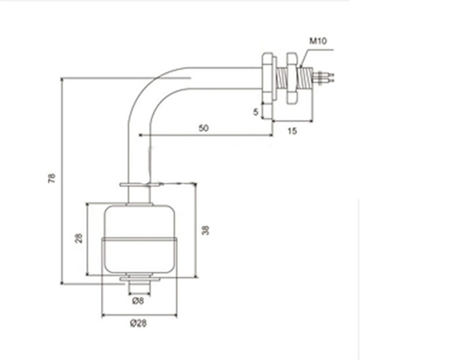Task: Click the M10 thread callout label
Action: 318,41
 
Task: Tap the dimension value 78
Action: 52,179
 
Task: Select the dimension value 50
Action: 204,128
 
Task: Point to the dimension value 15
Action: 292,131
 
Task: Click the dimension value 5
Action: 255,112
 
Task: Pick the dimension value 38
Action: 206,230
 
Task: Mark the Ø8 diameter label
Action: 138,300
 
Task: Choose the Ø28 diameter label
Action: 138,323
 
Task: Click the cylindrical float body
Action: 140,239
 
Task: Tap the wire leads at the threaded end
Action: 323,77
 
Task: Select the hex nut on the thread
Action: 292,78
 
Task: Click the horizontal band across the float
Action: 139,240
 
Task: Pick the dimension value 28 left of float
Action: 79,238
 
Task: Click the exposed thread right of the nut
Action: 306,78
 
